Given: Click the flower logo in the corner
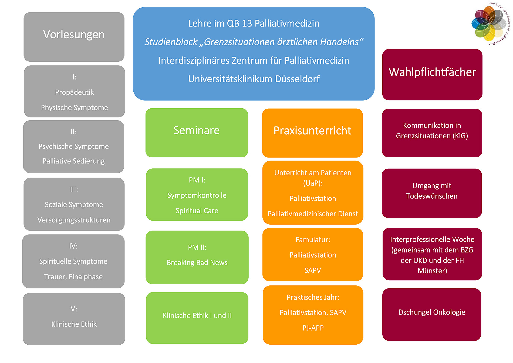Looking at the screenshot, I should (489, 24).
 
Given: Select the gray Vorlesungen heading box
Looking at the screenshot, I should (74, 37).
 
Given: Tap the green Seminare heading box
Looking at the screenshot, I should (197, 132).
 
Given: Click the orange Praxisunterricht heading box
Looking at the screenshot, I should (312, 133).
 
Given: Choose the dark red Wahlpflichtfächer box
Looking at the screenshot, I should (432, 74).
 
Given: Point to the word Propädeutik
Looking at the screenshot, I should (75, 92).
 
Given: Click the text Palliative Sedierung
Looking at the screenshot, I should (73, 161).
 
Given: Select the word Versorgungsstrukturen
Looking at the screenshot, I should (74, 220).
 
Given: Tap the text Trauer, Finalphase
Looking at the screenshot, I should (73, 277).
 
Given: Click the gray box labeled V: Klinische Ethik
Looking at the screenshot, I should (74, 319).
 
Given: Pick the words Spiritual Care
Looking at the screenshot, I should (197, 211).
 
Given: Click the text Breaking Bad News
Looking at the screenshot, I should (197, 263).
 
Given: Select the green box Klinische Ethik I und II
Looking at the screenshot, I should (197, 318).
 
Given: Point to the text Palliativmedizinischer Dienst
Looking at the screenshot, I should (313, 214).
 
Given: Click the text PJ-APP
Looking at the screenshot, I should (313, 328).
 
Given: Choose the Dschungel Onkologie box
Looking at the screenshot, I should (432, 314).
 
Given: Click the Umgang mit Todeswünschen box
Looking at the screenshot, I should (432, 193).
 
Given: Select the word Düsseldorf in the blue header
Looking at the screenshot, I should (297, 79).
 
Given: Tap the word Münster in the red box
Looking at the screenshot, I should (432, 271).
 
